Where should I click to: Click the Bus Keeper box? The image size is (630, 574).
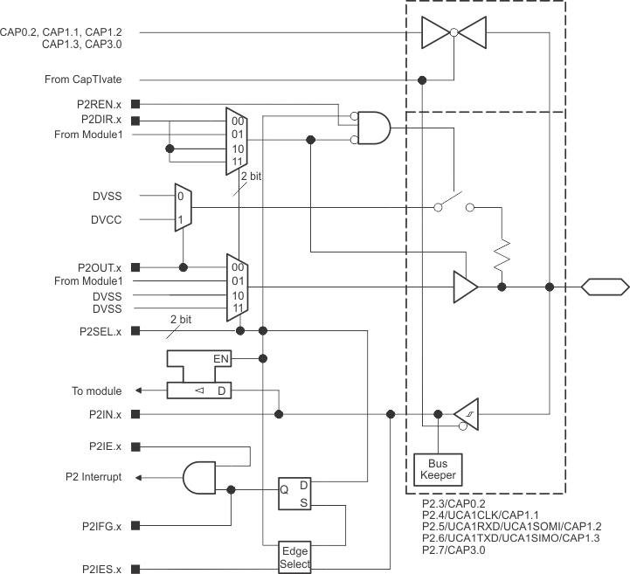(x=437, y=469)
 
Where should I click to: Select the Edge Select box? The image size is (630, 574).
(x=294, y=556)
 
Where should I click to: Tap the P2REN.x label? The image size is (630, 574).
(x=100, y=105)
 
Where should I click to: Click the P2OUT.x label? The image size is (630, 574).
(x=100, y=266)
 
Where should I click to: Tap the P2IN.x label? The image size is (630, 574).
(x=103, y=414)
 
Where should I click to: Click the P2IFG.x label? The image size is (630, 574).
(x=101, y=526)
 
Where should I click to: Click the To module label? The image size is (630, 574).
(x=96, y=391)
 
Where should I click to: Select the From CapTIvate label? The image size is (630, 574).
(x=82, y=80)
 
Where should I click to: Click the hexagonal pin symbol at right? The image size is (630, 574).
(x=605, y=286)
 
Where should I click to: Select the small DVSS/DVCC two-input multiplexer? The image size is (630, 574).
(x=182, y=208)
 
